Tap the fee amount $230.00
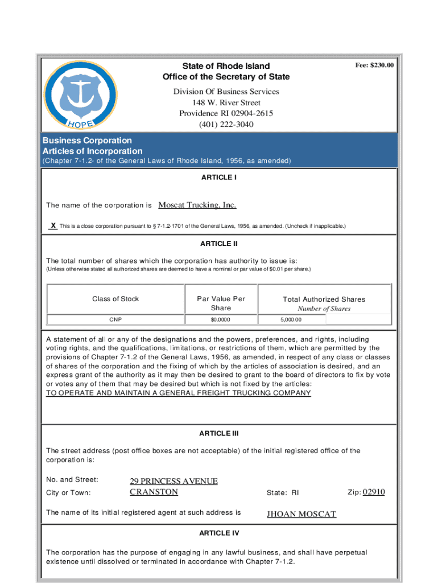pos(374,65)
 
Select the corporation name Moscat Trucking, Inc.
pos(197,205)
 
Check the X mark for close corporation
pos(53,225)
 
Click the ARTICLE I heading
pos(218,178)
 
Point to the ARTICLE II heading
pos(218,244)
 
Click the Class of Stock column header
pos(115,299)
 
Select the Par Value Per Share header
pos(221,303)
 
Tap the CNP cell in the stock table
pos(116,319)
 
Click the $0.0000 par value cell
pos(221,319)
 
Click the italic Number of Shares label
pos(324,309)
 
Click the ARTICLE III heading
pos(218,433)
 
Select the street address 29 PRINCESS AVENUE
pos(173,481)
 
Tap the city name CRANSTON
pos(154,492)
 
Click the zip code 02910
pos(374,492)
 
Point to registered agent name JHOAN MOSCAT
pos(301,514)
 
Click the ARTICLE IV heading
pos(218,533)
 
